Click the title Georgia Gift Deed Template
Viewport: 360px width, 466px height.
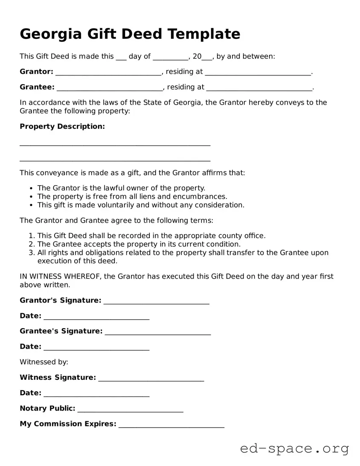pos(130,34)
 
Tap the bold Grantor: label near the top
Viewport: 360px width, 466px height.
pos(36,72)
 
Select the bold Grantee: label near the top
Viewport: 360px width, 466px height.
pos(37,87)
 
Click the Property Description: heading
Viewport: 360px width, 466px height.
pos(62,126)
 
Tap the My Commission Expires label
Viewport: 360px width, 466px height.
pos(68,424)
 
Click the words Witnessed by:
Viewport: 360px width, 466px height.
pos(44,362)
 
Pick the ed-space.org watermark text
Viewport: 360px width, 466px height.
pos(294,449)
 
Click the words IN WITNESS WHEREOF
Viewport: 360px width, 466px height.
pos(60,277)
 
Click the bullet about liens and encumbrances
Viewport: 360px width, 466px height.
pos(132,196)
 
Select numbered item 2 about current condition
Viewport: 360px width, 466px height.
pos(139,244)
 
